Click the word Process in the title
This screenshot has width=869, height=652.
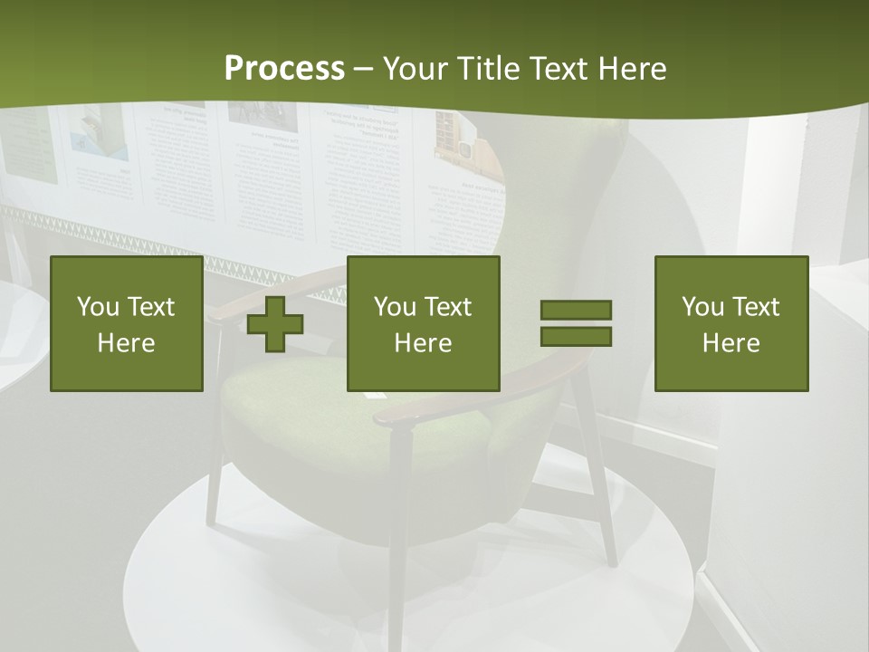(284, 69)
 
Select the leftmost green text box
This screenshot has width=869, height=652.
(127, 323)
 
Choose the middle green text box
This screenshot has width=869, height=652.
(423, 323)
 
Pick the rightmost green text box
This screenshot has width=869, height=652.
(731, 323)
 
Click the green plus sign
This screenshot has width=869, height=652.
(275, 324)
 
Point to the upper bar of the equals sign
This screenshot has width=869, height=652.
(576, 311)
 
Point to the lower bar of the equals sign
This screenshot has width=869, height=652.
(576, 336)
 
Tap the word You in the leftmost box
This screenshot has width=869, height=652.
(97, 307)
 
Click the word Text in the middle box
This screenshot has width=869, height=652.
(448, 307)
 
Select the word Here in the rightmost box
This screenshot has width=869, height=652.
(731, 343)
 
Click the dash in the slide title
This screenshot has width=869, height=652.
(364, 70)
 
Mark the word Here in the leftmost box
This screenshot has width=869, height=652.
(127, 343)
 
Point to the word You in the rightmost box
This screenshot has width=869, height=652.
(702, 307)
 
